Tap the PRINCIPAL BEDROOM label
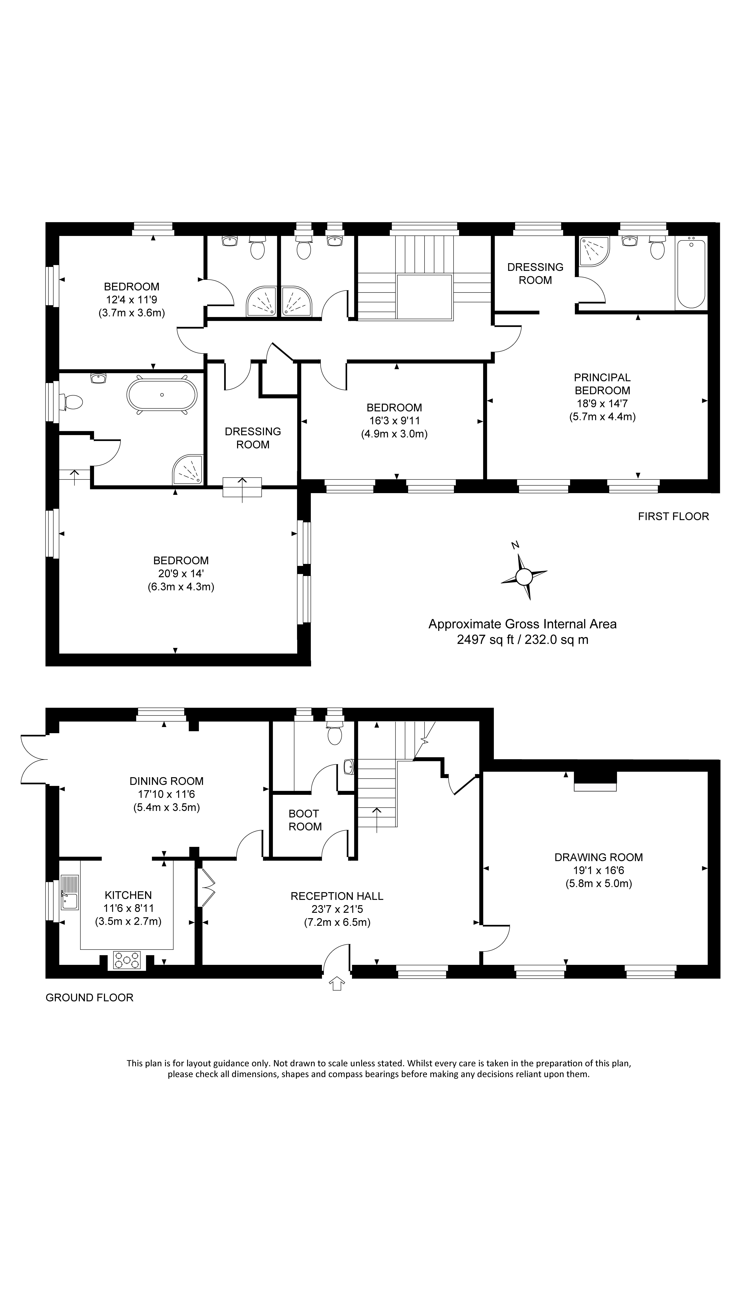pyautogui.click(x=602, y=384)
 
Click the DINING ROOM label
pyautogui.click(x=166, y=781)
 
